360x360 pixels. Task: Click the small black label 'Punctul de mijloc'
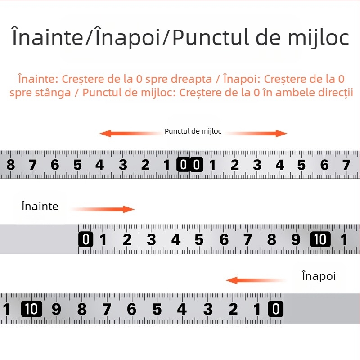193,131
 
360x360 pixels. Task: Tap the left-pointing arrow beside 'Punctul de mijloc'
131,133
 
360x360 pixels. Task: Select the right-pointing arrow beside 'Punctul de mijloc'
256,133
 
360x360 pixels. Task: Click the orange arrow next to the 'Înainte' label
103,209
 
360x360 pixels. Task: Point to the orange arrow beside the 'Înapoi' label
256,280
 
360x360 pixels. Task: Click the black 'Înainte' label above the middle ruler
40,206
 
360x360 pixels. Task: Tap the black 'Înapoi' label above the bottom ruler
319,276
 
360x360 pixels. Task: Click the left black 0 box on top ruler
183,165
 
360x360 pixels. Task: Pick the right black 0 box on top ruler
197,165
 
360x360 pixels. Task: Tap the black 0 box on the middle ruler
85,239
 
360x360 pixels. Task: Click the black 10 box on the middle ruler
320,239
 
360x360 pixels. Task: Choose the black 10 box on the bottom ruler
31,309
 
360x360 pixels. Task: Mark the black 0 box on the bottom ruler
276,309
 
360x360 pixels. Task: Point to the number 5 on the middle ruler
199,240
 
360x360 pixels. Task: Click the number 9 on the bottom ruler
56,309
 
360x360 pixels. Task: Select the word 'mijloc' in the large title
319,37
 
